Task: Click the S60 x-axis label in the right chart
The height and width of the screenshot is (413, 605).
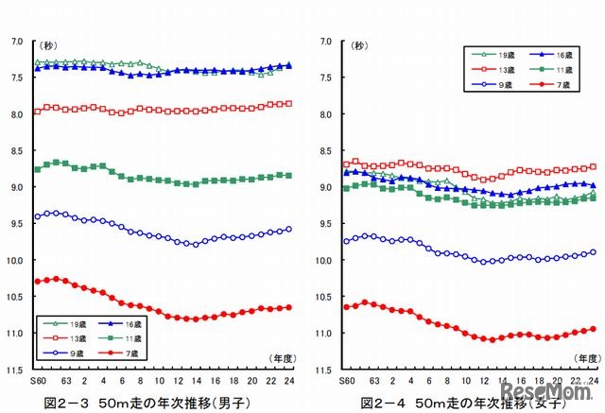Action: point(346,380)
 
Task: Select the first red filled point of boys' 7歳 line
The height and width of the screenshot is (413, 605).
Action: point(37,282)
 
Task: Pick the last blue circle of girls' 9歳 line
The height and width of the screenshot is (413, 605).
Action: point(593,251)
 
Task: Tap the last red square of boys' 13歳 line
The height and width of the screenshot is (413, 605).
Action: point(288,103)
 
